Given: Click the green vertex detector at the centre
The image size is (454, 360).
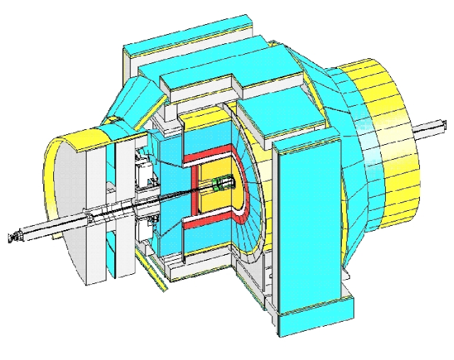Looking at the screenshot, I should (x=222, y=185).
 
